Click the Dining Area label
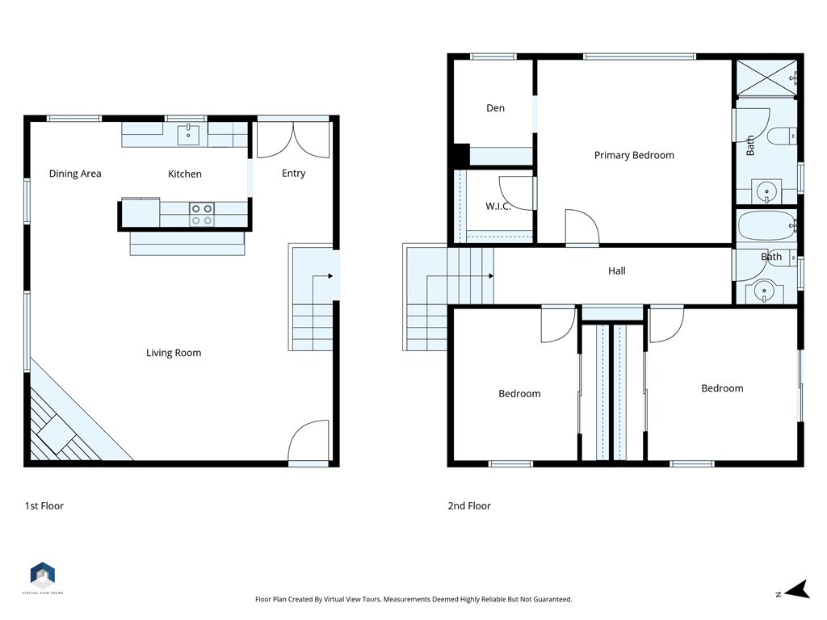75,174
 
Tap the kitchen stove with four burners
202,214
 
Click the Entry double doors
293,139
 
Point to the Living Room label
174,353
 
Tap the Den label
495,108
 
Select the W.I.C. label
497,207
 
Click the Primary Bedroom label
634,155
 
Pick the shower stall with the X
765,78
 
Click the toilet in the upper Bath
782,136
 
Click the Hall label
617,271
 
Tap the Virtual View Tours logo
43,576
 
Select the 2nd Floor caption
469,506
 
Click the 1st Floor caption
44,506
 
